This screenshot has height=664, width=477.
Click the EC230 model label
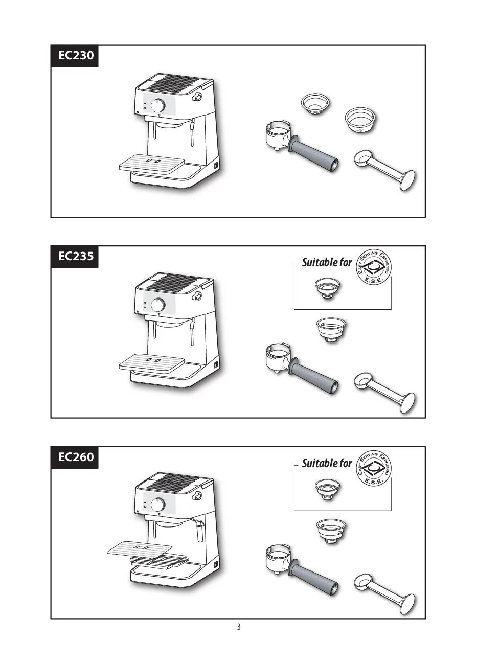tap(76, 55)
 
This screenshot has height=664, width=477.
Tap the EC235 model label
tap(76, 256)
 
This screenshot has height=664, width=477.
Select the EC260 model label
tap(76, 457)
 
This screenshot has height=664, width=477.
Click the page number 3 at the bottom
tap(239, 627)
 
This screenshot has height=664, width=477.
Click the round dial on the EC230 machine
tap(157, 105)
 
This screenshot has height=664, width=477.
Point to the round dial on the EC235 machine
tap(157, 305)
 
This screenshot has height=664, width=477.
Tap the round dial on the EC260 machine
tap(157, 504)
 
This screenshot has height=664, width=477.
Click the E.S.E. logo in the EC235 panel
tap(374, 266)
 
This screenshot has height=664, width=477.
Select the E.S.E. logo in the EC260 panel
tap(374, 468)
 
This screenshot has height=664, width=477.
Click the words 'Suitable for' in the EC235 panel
tap(327, 262)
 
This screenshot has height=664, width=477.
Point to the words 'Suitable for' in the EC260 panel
tap(327, 463)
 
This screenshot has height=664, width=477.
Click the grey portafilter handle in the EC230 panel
tap(314, 154)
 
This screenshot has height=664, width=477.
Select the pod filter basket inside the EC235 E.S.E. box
tap(327, 288)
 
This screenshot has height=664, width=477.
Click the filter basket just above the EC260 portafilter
tap(331, 531)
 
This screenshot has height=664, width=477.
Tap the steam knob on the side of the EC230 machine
tap(196, 97)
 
